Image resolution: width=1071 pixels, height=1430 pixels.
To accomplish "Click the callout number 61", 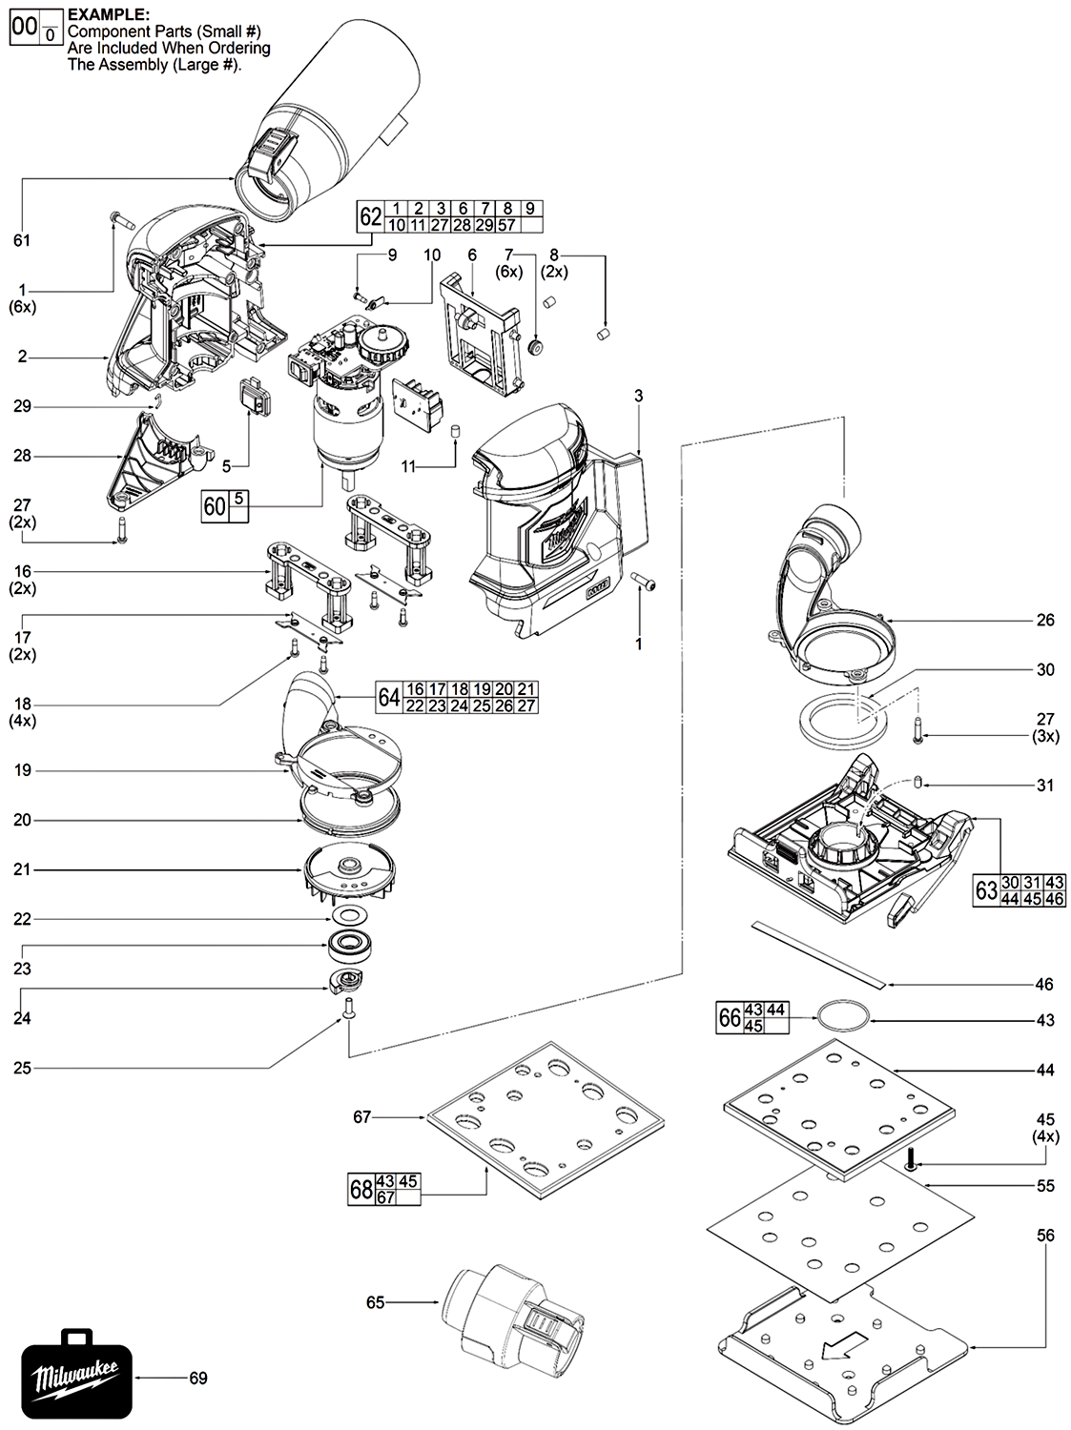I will click(x=22, y=240).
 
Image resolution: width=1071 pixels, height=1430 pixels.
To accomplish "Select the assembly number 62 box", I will click(x=370, y=216).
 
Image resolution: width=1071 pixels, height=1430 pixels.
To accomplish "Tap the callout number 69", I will click(x=197, y=1378).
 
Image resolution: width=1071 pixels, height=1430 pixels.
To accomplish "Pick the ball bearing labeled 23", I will click(x=352, y=948).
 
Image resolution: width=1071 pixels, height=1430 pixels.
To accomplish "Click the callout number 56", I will click(x=1045, y=1236).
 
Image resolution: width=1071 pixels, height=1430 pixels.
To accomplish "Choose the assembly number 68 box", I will click(x=360, y=1189).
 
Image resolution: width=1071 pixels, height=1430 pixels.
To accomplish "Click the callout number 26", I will click(x=1045, y=620).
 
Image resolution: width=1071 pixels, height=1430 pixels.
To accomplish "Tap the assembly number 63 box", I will click(x=986, y=890).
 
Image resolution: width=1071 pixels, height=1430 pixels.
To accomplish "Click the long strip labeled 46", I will click(x=820, y=952).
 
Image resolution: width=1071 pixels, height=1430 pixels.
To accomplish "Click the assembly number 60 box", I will click(x=215, y=505).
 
